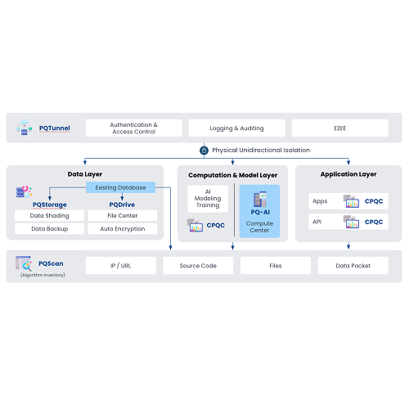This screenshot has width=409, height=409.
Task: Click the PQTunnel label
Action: (x=55, y=128)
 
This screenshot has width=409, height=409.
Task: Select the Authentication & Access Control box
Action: (x=134, y=128)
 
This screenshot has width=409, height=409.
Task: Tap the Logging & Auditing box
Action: (x=237, y=128)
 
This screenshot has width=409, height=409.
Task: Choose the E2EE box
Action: (x=340, y=128)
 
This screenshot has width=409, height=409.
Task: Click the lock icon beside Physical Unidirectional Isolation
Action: (x=204, y=151)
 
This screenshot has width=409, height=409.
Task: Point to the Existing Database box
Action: (x=120, y=187)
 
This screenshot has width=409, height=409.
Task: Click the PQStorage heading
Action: (x=50, y=204)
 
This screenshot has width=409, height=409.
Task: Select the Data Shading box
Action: (x=49, y=215)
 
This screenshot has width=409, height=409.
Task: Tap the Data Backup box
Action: (x=49, y=229)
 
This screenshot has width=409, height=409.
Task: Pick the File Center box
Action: (x=123, y=215)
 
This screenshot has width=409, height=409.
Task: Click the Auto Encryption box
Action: (x=123, y=229)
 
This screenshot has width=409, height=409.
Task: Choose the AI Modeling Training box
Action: (x=208, y=199)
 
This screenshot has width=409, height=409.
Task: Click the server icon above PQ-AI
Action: (x=260, y=199)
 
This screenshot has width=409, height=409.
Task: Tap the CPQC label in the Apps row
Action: (x=374, y=201)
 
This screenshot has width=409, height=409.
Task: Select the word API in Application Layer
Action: (x=317, y=222)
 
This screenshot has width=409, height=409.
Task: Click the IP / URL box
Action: (x=121, y=266)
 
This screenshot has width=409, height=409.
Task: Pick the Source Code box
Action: (x=198, y=266)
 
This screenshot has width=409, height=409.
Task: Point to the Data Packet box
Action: (x=353, y=266)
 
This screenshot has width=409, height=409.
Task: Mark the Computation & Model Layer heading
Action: (x=233, y=175)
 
